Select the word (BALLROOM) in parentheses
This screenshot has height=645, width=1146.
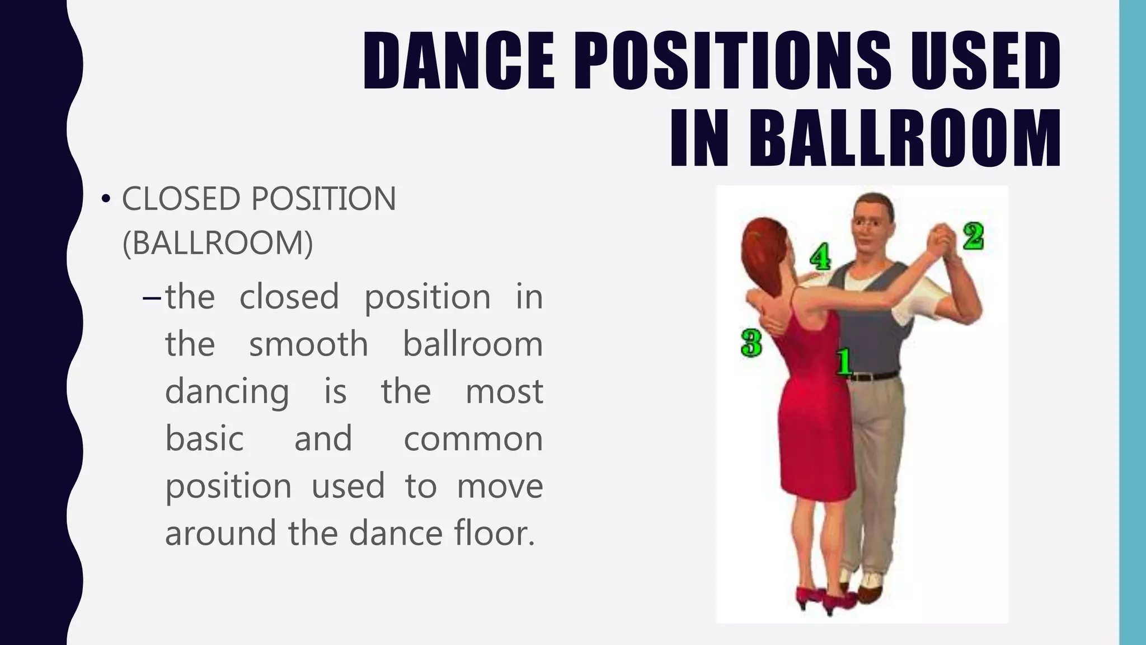pyautogui.click(x=218, y=243)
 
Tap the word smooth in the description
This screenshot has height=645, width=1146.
pyautogui.click(x=308, y=344)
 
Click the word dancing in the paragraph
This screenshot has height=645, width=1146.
pyautogui.click(x=227, y=392)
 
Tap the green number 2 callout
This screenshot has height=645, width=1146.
pyautogui.click(x=973, y=236)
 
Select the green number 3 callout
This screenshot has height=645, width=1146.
pyautogui.click(x=751, y=343)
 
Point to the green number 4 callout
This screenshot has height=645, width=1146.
pyautogui.click(x=820, y=256)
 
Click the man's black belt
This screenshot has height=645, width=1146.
pyautogui.click(x=873, y=376)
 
